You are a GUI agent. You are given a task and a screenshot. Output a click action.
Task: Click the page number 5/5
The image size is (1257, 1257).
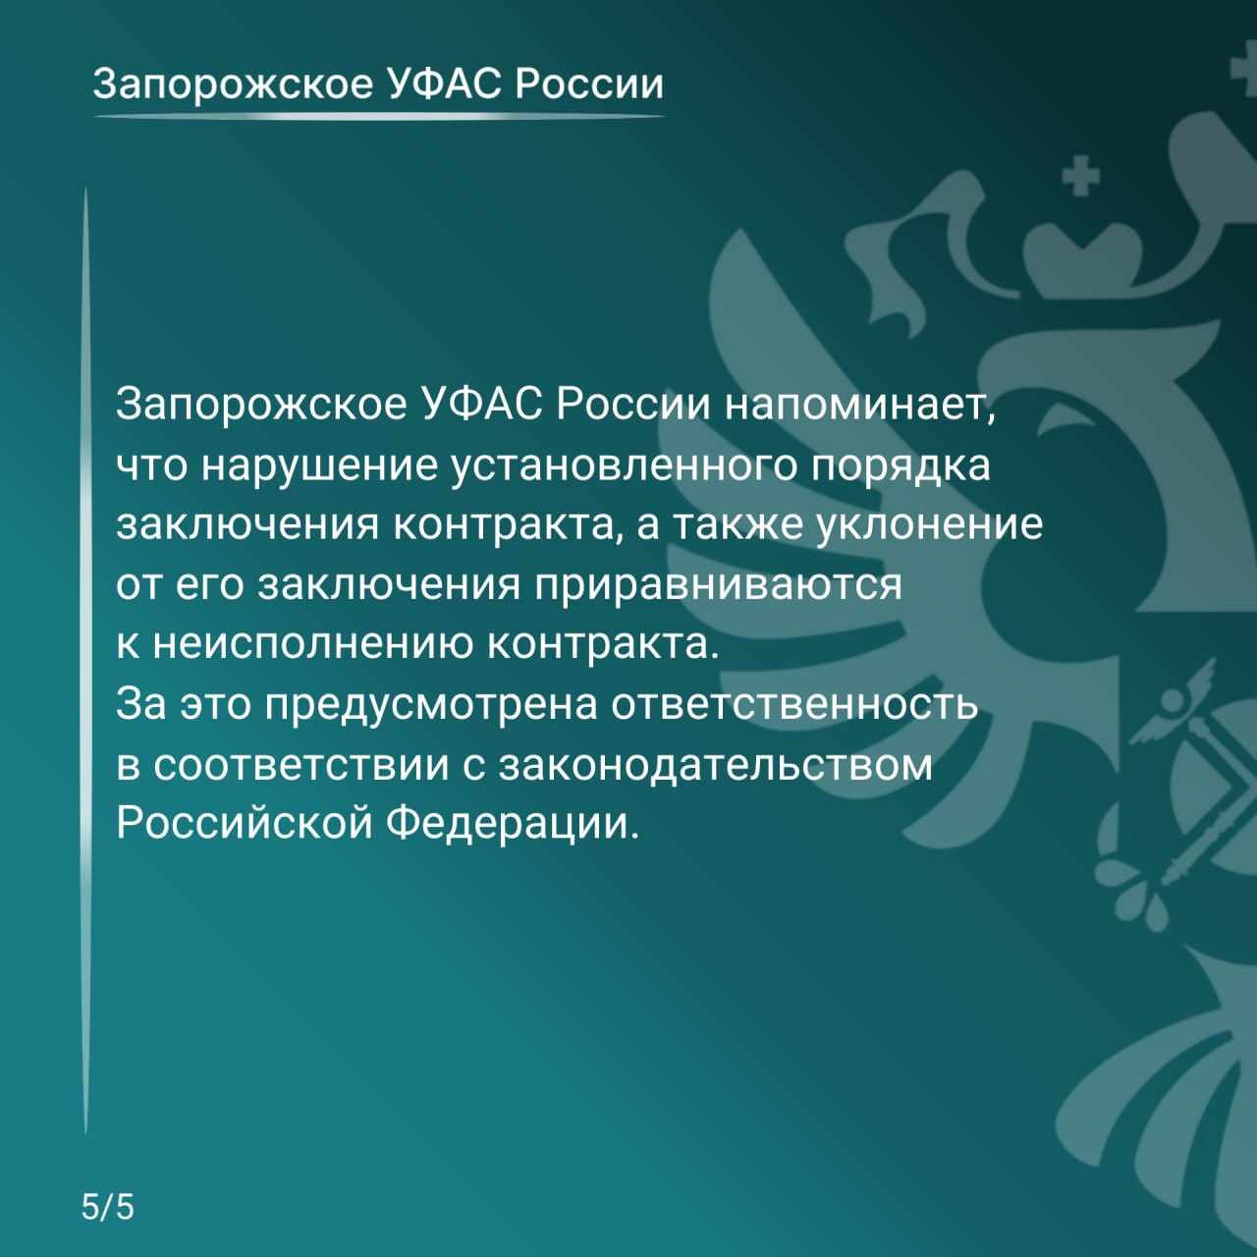(107, 1206)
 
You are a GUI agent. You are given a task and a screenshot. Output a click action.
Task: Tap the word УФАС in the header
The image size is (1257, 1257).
(444, 83)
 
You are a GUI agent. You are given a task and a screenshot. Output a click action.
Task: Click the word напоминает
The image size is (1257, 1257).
(860, 405)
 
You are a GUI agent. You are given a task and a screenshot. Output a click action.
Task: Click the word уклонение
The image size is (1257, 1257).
(929, 524)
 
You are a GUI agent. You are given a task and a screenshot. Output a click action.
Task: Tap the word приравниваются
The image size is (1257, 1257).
(717, 584)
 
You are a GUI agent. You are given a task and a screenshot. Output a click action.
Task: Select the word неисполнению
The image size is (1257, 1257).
(314, 644)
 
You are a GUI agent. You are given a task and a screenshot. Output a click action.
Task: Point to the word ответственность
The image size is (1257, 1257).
(793, 704)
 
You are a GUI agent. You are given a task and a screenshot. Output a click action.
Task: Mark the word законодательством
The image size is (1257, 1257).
(715, 764)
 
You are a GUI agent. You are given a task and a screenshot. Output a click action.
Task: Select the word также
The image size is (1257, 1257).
(737, 524)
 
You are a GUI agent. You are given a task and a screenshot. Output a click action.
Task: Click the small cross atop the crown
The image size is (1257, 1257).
(1081, 178)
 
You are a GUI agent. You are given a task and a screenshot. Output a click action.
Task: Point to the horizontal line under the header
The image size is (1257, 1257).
(378, 117)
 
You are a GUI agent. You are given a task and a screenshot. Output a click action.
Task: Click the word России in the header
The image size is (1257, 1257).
(589, 83)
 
